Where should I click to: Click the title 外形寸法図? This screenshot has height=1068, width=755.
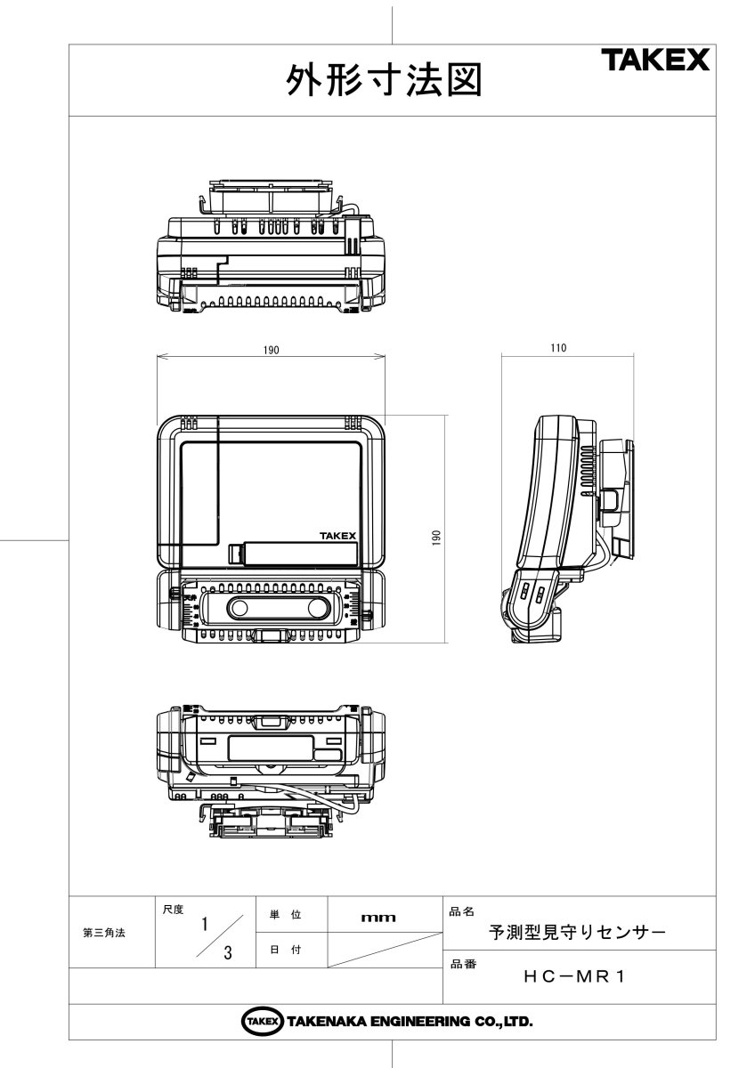point(385,81)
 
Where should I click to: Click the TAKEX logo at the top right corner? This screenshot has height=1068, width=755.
point(655,61)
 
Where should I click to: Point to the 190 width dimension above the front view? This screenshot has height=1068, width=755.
point(271,351)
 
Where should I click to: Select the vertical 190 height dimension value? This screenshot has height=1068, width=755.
point(436,538)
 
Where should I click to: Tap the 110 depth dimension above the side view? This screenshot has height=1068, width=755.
point(558,348)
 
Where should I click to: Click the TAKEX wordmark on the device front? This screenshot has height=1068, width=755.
point(337,536)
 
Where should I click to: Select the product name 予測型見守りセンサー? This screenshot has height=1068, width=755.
point(577,932)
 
